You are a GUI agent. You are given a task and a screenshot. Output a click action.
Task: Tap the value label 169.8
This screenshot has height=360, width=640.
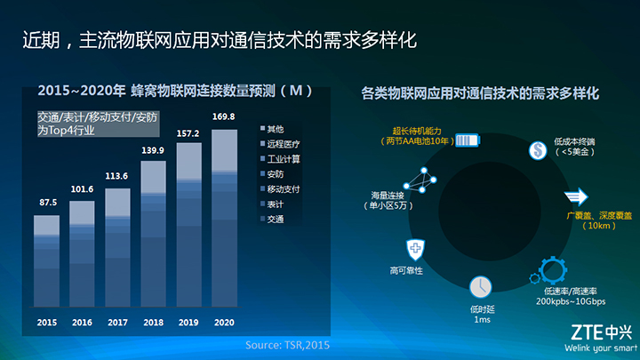tap(224, 116)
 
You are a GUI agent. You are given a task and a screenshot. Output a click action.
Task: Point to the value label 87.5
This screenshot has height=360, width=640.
tap(47, 202)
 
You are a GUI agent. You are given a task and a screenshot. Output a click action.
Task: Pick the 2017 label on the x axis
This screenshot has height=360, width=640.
tap(117, 323)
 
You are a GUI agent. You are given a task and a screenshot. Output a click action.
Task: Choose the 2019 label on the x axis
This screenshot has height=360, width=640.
tap(188, 323)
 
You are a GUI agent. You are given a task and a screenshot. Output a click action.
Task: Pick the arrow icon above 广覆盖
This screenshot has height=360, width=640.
tap(576, 197)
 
